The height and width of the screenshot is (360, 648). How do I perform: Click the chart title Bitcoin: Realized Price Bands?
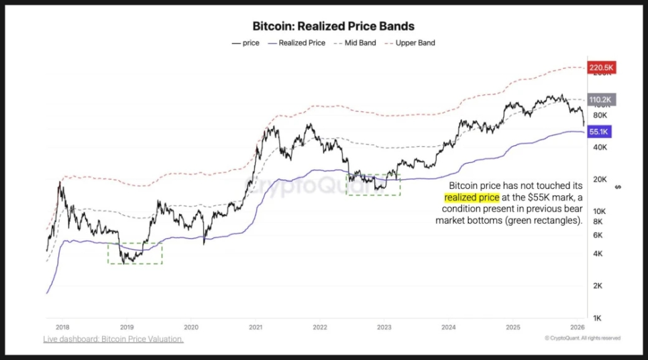pos(333,27)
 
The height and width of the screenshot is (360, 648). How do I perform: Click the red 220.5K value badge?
pos(601,68)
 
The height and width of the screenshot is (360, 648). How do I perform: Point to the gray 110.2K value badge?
pos(601,100)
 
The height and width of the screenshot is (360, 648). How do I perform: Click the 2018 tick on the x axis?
pos(62,328)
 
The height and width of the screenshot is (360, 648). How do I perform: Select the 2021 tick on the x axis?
pos(255,328)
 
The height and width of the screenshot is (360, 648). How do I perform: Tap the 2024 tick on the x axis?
pos(449,328)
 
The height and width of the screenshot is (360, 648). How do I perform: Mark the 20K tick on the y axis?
pos(598,179)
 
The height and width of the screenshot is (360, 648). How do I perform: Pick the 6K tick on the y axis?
pos(596,235)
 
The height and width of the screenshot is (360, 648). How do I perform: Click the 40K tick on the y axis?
pos(598,147)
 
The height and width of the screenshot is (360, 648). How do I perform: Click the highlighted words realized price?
pos(472,198)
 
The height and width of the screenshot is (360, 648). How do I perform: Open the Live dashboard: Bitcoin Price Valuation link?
pos(113,339)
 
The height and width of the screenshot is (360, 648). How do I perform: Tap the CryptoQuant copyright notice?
pos(582,339)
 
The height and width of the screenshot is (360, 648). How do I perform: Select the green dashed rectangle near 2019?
pos(135,253)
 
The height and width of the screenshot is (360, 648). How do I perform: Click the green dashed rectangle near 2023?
pos(372,184)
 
